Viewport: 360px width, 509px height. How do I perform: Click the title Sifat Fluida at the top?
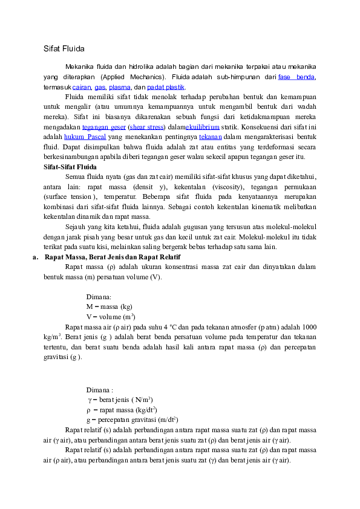tap(64, 48)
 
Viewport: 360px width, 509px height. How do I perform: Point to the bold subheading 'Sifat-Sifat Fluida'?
tap(71, 166)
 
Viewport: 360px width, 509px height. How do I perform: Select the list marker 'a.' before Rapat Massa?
tap(36, 258)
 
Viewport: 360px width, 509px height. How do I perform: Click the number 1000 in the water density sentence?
tap(309, 326)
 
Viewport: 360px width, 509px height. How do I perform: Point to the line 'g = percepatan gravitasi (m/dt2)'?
tap(131, 420)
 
